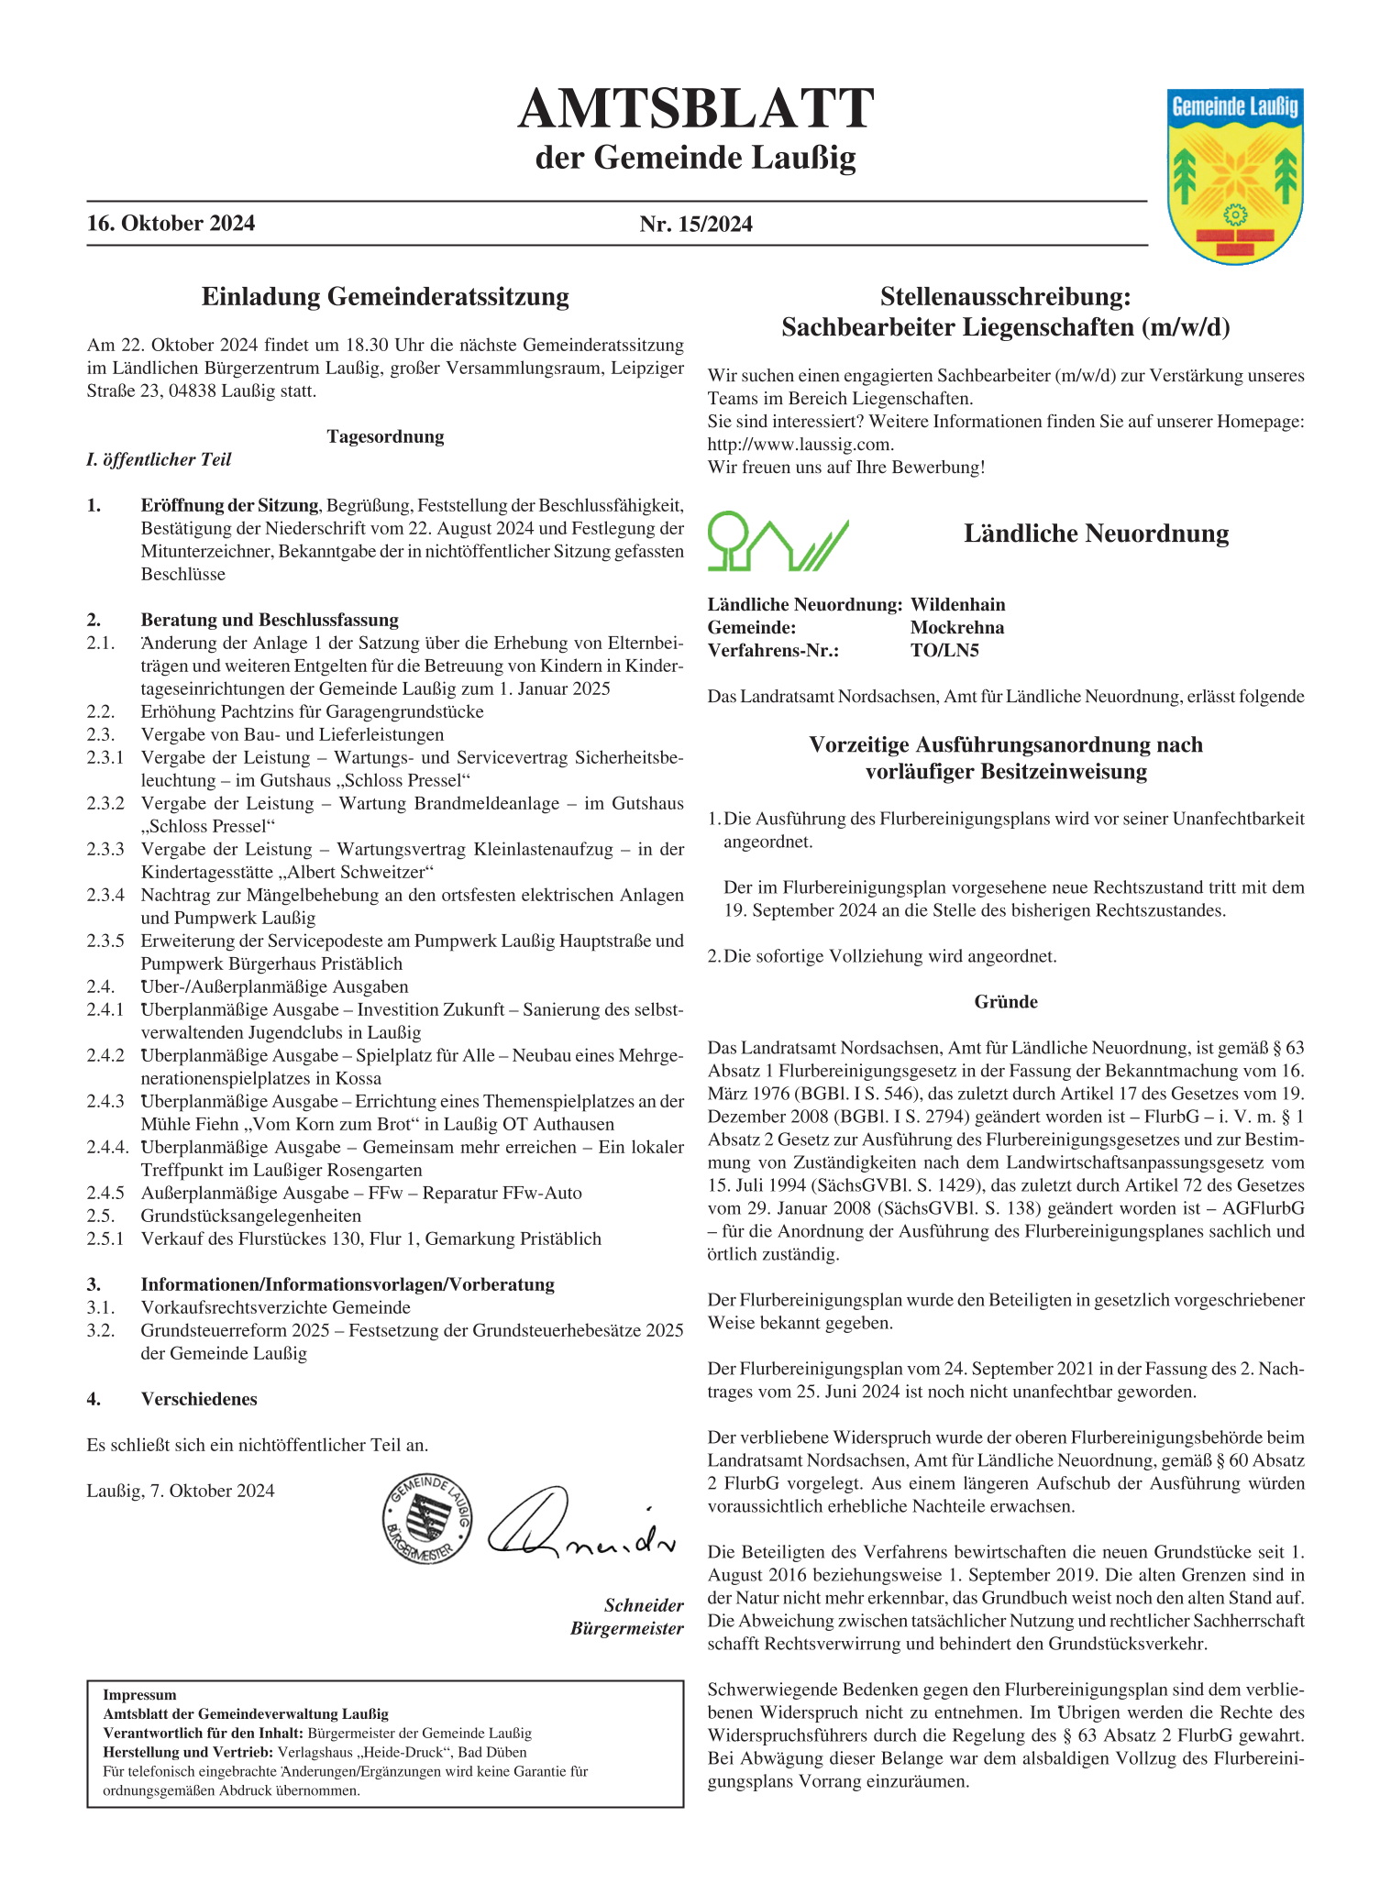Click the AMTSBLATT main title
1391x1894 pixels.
(695, 109)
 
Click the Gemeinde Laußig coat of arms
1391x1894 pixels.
(1235, 176)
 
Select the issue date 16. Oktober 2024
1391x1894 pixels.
(171, 224)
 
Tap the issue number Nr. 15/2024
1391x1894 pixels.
(696, 225)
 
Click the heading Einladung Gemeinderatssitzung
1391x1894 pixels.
(385, 297)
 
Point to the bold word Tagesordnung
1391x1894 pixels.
(385, 437)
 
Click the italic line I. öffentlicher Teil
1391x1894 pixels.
(159, 460)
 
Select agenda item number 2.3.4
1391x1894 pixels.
(105, 896)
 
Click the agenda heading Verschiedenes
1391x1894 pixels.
(199, 1400)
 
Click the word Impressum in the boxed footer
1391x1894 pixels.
(139, 1695)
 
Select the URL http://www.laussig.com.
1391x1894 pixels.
(800, 445)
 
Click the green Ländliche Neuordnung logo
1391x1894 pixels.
(778, 542)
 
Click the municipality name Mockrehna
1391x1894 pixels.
(956, 628)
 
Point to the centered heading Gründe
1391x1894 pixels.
(1006, 1002)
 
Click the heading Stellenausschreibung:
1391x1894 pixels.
(1005, 297)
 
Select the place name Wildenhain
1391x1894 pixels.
(957, 605)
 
